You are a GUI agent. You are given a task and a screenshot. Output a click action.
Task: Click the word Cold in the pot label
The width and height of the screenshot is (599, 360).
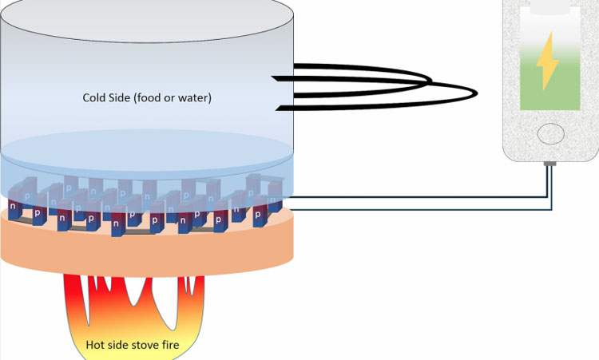coord(94,98)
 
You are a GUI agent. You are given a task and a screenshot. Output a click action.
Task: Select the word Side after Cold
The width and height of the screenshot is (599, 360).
coord(120,98)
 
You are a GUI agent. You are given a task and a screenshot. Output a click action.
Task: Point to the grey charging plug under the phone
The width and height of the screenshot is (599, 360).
coord(549,164)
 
